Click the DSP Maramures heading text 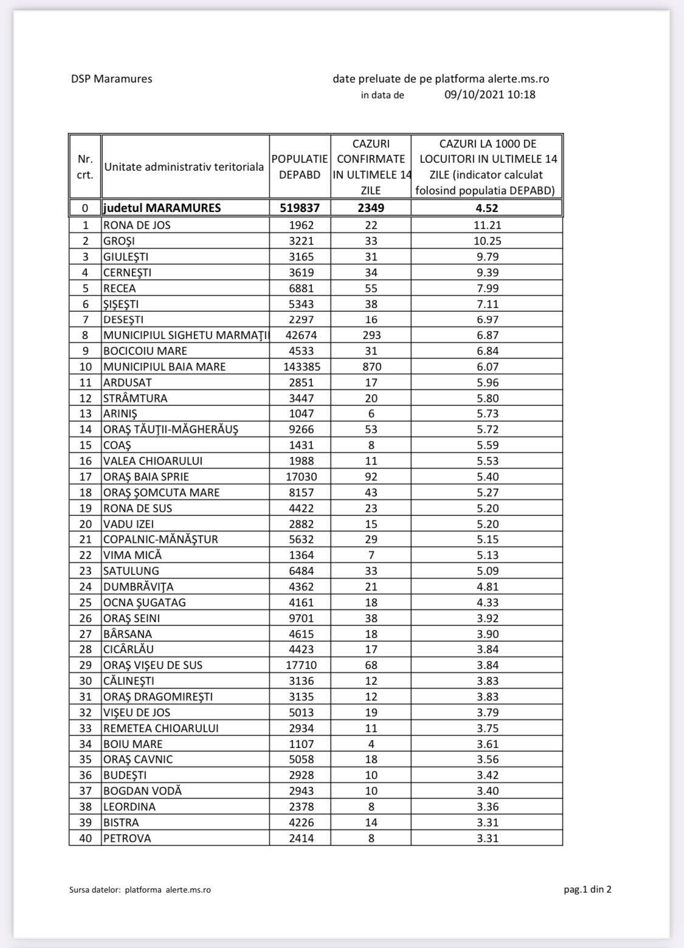[x=111, y=79]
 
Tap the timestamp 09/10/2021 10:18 [x=489, y=95]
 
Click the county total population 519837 [x=300, y=208]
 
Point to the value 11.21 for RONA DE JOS [x=486, y=225]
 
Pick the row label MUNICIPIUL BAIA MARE [x=164, y=367]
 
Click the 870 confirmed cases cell [x=371, y=367]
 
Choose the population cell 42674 [x=300, y=335]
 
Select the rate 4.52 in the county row [x=486, y=208]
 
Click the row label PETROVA [x=127, y=839]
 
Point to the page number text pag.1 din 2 [x=587, y=890]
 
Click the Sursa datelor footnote [x=140, y=890]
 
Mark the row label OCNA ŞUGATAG [x=145, y=603]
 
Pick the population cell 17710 [x=300, y=665]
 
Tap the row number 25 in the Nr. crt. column [x=85, y=603]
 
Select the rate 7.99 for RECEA [x=486, y=289]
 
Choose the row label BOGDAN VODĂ [x=142, y=791]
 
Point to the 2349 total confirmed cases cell [x=371, y=208]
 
